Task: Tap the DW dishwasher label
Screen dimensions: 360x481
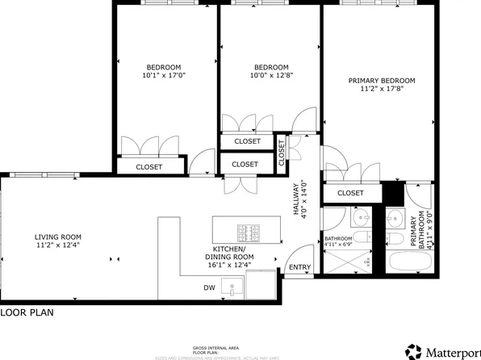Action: point(209,287)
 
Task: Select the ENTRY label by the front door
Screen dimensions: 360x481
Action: point(299,267)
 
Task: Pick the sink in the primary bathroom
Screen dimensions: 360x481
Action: point(395,218)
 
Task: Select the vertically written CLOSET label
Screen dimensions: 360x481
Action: point(282,152)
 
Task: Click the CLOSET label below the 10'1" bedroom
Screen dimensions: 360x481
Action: point(148,166)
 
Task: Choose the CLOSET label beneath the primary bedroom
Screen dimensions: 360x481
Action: point(349,193)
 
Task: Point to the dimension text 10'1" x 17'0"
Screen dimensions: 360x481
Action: point(163,77)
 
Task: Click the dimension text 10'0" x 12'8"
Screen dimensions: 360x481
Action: point(271,77)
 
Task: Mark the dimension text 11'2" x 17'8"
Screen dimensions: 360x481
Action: point(382,90)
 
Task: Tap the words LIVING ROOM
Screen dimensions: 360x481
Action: point(58,237)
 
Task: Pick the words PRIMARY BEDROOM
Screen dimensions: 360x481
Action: point(382,80)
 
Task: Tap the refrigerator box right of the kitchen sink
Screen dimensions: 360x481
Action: point(261,284)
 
